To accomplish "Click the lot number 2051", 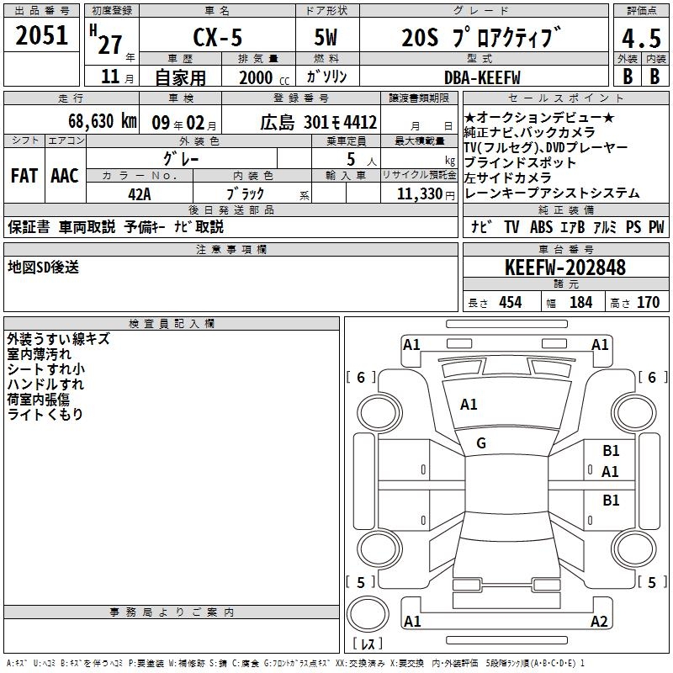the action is click(x=41, y=35).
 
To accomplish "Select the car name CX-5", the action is click(x=218, y=37).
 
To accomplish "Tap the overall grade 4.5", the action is click(x=641, y=38).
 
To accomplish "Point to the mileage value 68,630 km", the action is click(x=103, y=121).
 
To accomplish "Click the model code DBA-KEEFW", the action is click(x=482, y=77).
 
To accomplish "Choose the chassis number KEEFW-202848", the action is click(x=565, y=268).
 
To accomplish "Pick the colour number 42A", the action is click(x=140, y=194).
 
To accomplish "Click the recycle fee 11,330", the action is click(x=420, y=194).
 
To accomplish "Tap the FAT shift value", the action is click(x=24, y=176).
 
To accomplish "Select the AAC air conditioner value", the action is click(x=65, y=176).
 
